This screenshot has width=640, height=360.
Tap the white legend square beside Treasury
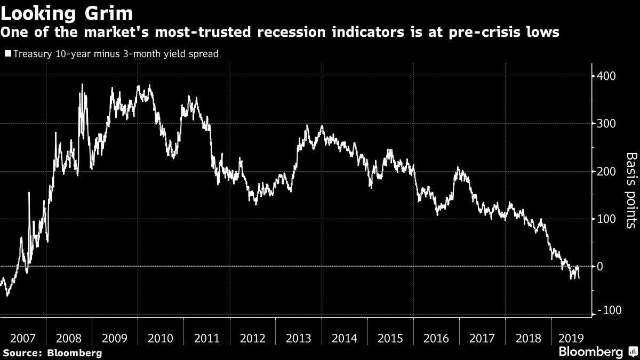(x=7, y=54)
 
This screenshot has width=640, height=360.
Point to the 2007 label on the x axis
(x=22, y=338)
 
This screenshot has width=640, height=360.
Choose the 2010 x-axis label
(x=160, y=338)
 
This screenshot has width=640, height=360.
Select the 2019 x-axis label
(x=569, y=338)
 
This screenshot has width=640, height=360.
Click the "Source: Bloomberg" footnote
(x=52, y=353)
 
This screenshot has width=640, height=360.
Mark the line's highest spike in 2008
(x=82, y=84)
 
